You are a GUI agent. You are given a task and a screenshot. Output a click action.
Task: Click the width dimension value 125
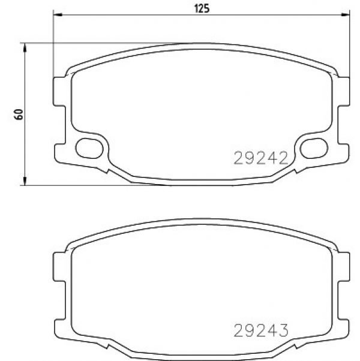202,8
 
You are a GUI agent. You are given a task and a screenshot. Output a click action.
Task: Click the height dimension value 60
19,115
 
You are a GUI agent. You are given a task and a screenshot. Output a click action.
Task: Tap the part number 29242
261,158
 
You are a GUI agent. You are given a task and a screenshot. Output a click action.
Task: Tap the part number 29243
261,330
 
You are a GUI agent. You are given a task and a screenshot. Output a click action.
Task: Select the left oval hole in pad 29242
89,148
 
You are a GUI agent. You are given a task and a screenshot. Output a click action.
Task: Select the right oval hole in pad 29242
314,148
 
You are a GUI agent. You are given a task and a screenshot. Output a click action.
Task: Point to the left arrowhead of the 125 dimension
58,15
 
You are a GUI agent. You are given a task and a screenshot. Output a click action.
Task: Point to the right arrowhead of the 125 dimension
345,15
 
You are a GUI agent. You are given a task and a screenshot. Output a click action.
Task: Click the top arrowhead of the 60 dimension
25,48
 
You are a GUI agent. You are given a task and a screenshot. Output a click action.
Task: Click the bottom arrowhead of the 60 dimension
25,180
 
